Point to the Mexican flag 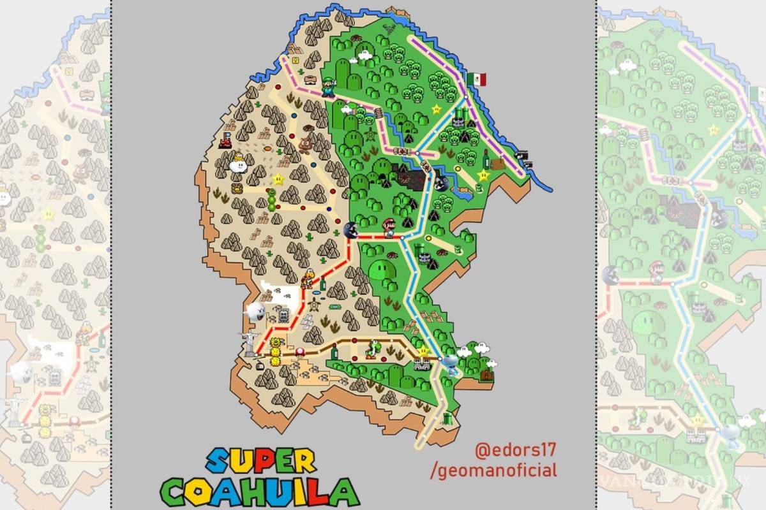click(x=476, y=79)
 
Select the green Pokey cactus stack click(x=273, y=198)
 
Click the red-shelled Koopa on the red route click(x=308, y=279)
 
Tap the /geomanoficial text click(x=494, y=470)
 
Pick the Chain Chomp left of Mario click(x=350, y=230)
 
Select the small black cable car click(x=258, y=366)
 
